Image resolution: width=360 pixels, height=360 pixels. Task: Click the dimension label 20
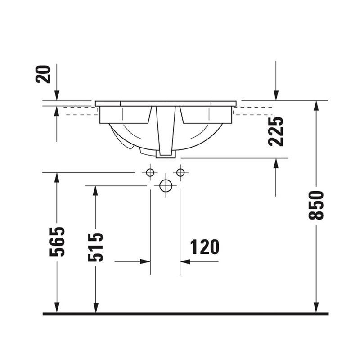pos(43,74)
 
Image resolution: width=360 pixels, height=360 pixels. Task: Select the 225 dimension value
pos(276,131)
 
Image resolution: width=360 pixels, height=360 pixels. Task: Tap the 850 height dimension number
pos(316,205)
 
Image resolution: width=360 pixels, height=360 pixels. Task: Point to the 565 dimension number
pos(57,242)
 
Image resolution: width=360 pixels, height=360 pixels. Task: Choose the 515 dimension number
pos(95,247)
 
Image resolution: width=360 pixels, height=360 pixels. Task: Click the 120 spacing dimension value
pos(205,247)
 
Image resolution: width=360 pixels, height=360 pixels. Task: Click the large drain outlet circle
pos(166,186)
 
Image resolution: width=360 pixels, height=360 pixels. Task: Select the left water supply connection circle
pos(150,172)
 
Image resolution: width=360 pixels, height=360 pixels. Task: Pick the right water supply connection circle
pos(181,172)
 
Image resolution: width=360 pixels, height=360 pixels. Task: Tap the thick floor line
pos(185,314)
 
